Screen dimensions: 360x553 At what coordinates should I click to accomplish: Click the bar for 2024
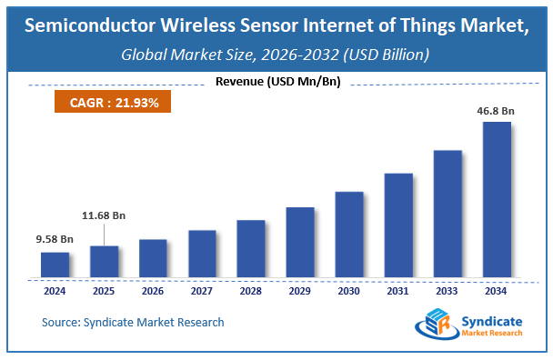click(x=55, y=265)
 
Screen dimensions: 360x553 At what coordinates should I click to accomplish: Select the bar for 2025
click(x=104, y=262)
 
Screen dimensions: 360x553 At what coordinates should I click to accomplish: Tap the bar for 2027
click(x=202, y=254)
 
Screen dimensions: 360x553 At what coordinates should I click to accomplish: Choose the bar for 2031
click(x=397, y=225)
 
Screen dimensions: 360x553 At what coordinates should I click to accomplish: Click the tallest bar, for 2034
click(x=496, y=199)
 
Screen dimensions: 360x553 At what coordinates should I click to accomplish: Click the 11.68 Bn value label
click(x=104, y=215)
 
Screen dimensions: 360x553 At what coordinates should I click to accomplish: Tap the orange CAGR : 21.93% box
click(x=114, y=103)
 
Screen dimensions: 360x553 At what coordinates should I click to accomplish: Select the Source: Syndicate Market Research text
click(x=133, y=322)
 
